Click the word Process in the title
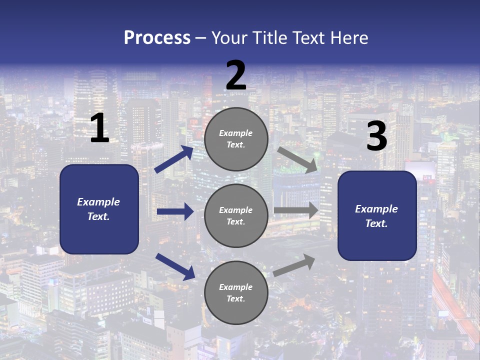coord(157,38)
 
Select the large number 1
coord(99,128)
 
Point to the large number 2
coord(236,75)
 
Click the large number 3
coord(376,136)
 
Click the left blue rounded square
coord(99,209)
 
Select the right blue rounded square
coord(377,215)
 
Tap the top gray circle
coord(236,139)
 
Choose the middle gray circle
coord(236,215)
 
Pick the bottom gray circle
coord(236,292)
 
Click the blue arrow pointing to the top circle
coord(174,159)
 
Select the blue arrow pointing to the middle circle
coord(175,211)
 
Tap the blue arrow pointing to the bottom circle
coord(175,266)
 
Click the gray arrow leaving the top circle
coord(297,159)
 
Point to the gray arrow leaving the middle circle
coord(296,210)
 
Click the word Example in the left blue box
coord(98,202)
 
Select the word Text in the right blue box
coord(376,223)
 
